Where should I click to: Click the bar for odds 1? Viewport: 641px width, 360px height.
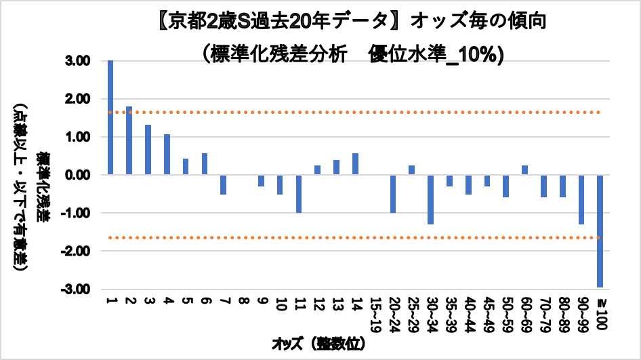tap(110, 117)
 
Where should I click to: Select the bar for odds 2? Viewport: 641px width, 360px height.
tap(129, 140)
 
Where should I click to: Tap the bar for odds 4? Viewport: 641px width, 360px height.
tap(167, 155)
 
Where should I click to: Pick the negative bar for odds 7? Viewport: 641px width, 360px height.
tap(223, 184)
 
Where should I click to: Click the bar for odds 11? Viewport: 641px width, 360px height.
tap(298, 194)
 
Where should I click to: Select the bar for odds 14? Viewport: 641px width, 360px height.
tap(354, 164)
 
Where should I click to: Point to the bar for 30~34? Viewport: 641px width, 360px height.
tap(430, 199)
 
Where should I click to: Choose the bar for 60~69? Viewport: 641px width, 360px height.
tap(524, 170)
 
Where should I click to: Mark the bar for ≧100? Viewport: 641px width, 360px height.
tap(600, 231)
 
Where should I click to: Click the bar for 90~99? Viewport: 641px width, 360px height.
tap(581, 199)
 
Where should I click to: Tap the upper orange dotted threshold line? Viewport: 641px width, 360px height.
tap(339, 112)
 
